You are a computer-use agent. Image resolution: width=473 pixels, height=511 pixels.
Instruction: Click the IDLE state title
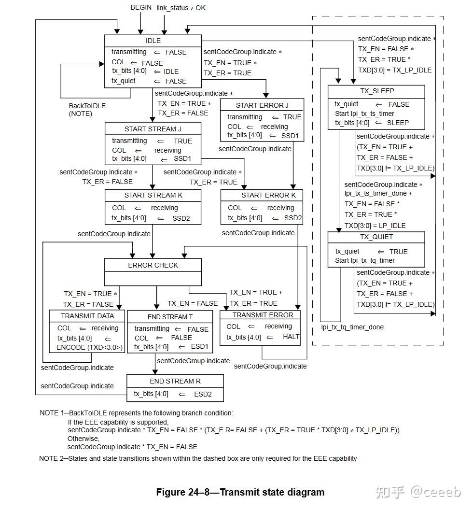[x=153, y=41]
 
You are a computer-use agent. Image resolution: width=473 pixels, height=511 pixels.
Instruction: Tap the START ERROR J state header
[x=262, y=105]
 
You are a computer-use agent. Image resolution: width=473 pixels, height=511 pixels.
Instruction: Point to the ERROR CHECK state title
[x=153, y=265]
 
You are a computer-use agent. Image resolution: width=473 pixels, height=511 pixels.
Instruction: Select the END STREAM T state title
[x=170, y=317]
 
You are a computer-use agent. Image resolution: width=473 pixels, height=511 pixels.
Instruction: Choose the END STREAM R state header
[x=175, y=381]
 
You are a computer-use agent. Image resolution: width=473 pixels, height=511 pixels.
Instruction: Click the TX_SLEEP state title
[x=377, y=91]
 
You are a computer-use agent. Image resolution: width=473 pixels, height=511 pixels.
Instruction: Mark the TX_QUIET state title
[x=376, y=237]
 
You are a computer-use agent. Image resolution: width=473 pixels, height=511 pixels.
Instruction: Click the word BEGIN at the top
[x=141, y=7]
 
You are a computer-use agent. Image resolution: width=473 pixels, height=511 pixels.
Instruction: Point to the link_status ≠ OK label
[x=181, y=8]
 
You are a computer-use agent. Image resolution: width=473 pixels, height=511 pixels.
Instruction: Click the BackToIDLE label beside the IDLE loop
[x=87, y=106]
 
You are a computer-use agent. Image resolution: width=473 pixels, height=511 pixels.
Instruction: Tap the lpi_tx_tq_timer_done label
[x=352, y=327]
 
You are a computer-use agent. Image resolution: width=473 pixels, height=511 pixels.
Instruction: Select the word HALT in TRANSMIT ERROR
[x=291, y=337]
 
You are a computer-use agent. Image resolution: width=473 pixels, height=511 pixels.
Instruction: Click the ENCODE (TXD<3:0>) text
[x=89, y=347]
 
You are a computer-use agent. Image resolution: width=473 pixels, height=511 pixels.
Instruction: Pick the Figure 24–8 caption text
[x=240, y=492]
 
